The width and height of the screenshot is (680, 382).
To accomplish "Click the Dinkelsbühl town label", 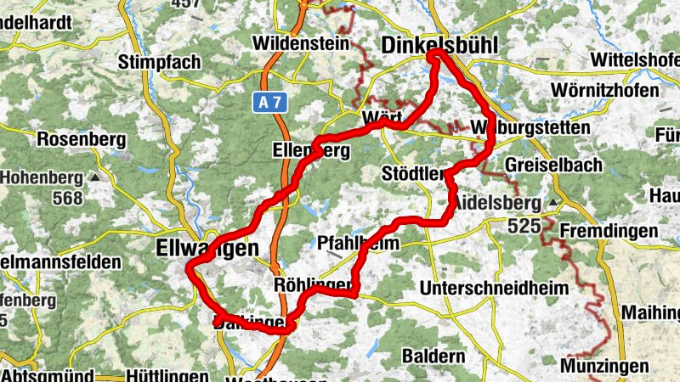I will (439, 44).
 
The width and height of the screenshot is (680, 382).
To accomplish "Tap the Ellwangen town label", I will (207, 249).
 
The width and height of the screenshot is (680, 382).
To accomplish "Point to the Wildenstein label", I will (302, 42).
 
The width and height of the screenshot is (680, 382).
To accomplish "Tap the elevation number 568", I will (66, 199).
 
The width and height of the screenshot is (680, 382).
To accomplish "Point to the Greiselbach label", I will (552, 165).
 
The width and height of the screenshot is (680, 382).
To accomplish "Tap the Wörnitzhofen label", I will (605, 91).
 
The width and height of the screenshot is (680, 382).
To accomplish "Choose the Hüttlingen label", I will (167, 375).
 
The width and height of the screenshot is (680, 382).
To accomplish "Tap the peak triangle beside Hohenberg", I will (94, 178).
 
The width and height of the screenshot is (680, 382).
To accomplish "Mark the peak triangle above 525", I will (553, 204).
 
